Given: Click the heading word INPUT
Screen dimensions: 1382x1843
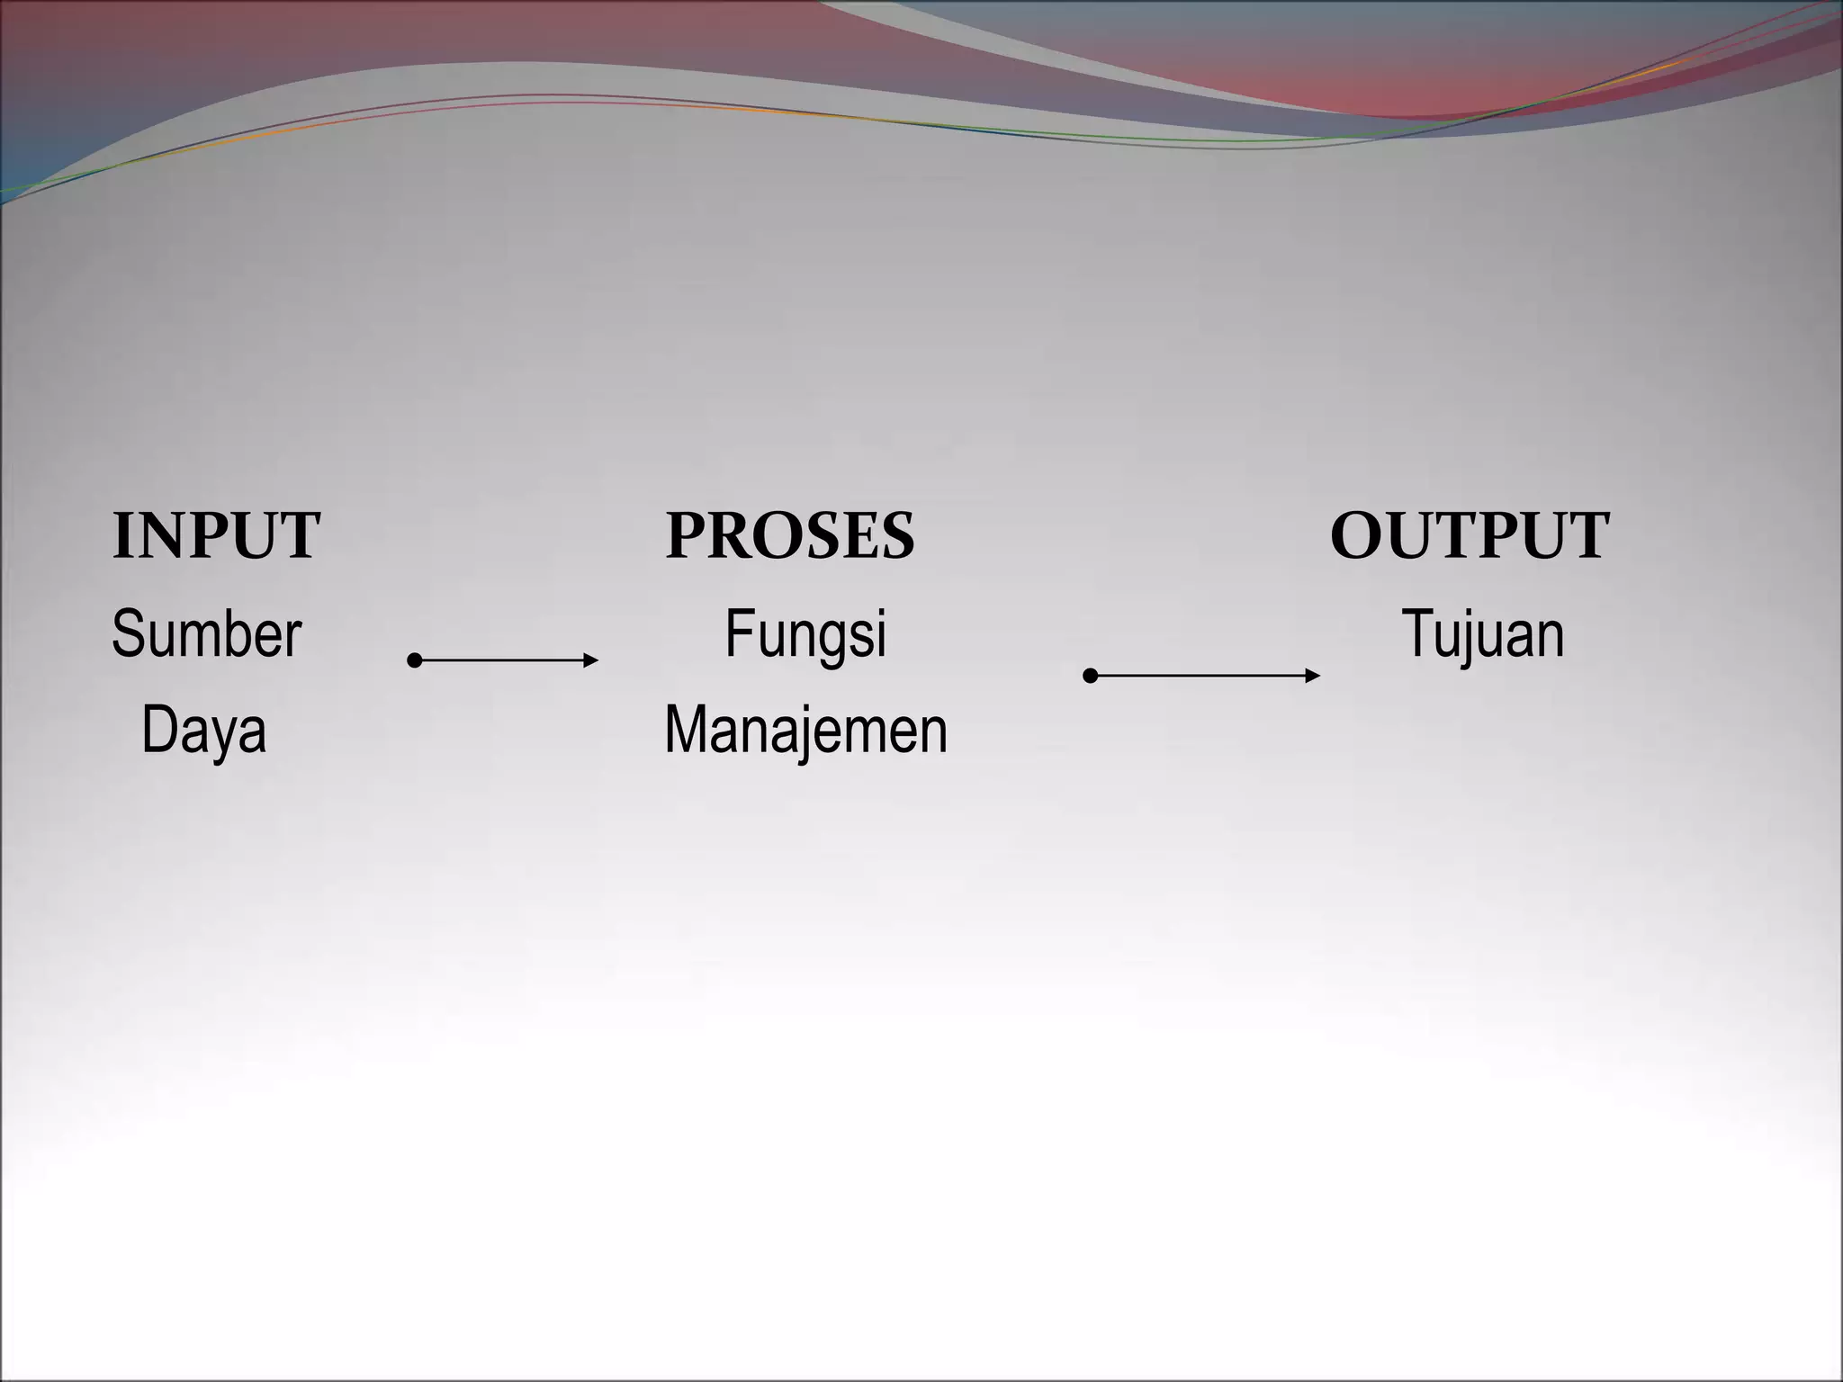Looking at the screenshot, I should (x=216, y=536).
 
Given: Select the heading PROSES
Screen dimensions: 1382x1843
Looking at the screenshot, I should (x=790, y=536).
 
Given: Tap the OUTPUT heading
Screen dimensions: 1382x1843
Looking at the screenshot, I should (x=1470, y=536).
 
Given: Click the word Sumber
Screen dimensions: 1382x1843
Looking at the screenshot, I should (x=206, y=634).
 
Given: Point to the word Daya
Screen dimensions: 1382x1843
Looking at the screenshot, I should (x=204, y=731).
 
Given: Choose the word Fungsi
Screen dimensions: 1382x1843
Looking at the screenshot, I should (x=805, y=634).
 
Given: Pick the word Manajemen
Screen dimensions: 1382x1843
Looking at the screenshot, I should (x=805, y=731).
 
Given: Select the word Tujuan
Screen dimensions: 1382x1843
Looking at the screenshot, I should (x=1483, y=634).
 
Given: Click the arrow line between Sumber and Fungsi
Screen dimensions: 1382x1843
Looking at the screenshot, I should (x=504, y=660).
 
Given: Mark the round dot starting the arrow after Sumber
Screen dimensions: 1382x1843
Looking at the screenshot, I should (x=415, y=660).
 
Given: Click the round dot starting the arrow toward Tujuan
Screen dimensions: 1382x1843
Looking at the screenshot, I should (x=1090, y=675).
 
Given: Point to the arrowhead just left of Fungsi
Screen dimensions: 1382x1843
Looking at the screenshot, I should (x=591, y=660).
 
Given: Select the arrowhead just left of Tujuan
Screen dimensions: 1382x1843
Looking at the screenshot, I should (x=1313, y=675).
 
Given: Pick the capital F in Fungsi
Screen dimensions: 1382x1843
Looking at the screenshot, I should (x=739, y=634).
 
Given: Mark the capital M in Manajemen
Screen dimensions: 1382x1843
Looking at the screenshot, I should (x=687, y=731).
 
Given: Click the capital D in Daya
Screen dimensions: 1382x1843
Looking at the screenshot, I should (x=158, y=731).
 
